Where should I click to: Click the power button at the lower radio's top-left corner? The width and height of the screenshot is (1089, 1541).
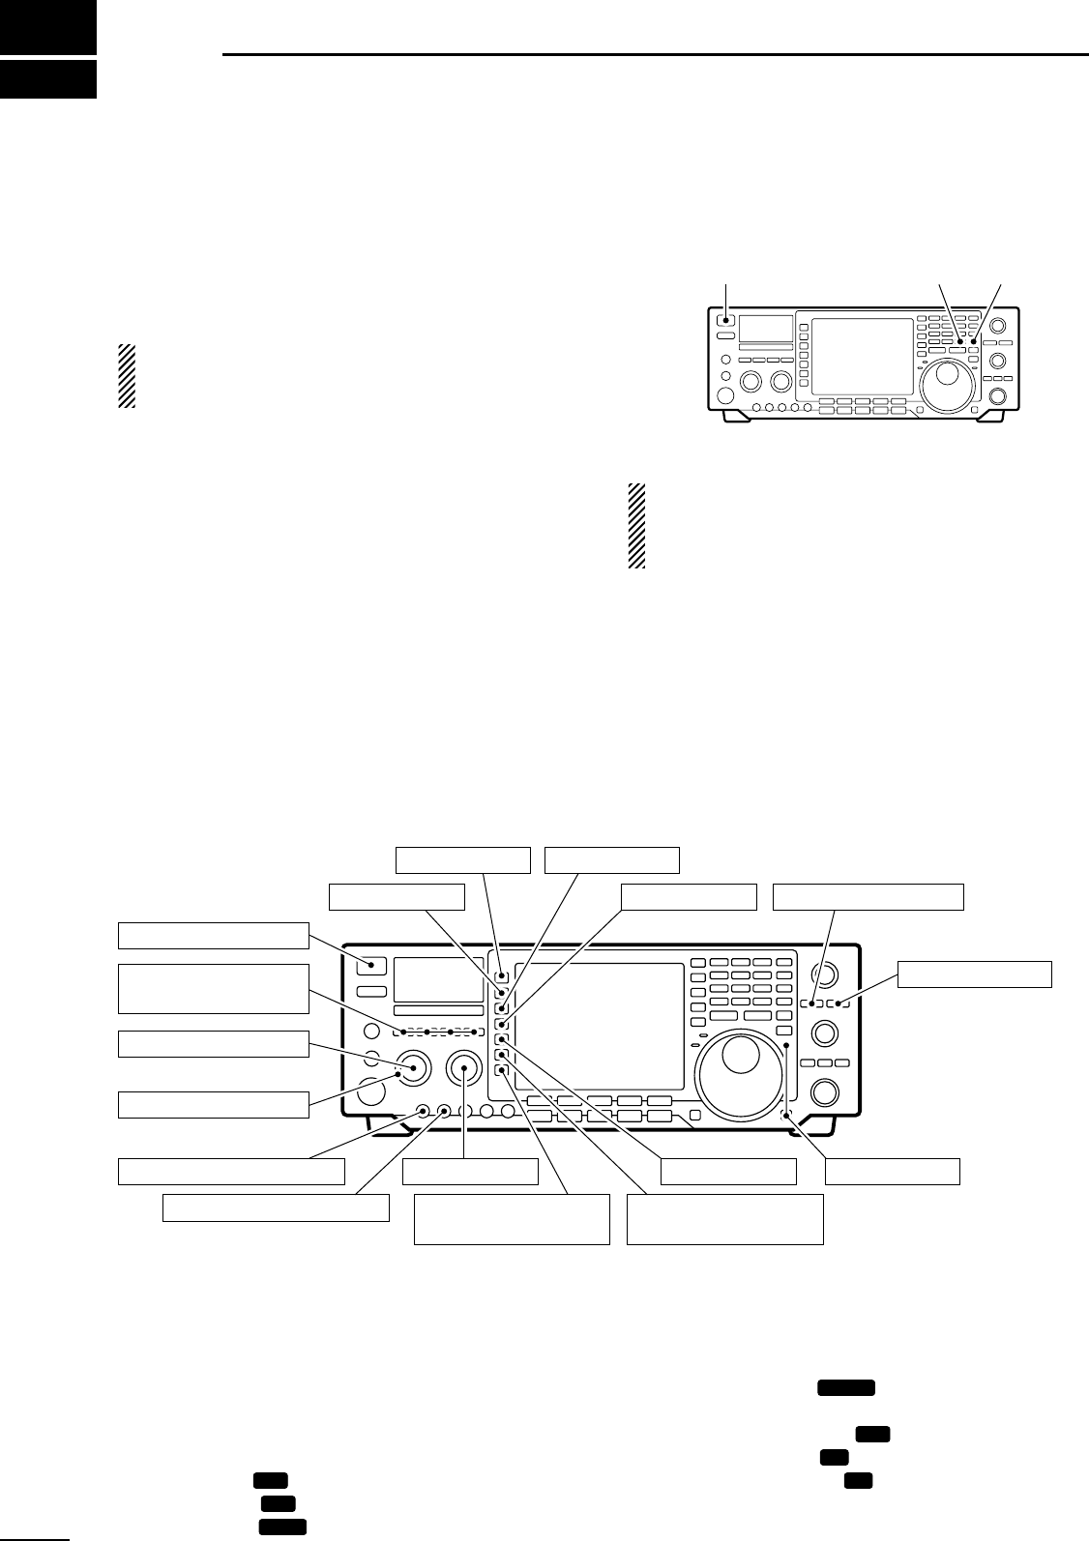(x=371, y=965)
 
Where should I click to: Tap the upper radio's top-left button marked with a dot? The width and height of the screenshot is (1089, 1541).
(x=725, y=321)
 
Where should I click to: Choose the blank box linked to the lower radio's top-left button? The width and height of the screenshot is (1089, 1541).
(x=213, y=936)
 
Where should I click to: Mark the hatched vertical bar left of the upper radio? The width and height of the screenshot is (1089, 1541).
(x=126, y=375)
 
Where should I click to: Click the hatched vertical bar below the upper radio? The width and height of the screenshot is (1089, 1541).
(x=635, y=526)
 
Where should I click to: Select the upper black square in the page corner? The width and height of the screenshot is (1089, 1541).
(x=48, y=26)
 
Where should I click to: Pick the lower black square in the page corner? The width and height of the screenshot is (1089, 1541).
(x=48, y=79)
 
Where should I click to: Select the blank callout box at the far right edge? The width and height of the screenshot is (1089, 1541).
(x=974, y=974)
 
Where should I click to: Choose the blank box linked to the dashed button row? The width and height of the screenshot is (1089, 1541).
(x=213, y=988)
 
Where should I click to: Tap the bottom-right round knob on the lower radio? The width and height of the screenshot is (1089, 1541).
(x=825, y=1092)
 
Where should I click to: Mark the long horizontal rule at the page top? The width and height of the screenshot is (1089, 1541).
(x=655, y=55)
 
